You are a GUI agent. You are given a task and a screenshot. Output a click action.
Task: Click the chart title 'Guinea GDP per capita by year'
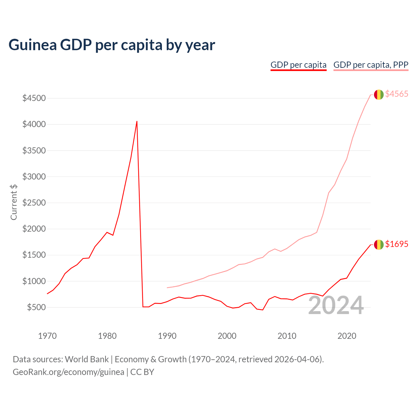[x=111, y=45]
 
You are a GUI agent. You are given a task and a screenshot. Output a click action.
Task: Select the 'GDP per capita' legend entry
[x=298, y=65]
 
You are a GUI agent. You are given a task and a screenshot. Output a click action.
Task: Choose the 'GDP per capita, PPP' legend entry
[x=371, y=65]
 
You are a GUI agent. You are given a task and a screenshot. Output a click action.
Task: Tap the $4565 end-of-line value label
[x=396, y=94]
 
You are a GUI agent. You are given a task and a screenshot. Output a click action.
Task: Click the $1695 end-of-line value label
[x=396, y=244]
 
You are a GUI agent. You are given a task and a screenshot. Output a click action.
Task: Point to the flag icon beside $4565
[x=379, y=94]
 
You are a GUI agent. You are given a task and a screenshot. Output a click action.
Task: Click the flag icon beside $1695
[x=379, y=244]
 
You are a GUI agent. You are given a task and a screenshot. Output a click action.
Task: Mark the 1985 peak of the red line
[x=137, y=121]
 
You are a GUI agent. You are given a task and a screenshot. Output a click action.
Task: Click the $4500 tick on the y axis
[x=34, y=98]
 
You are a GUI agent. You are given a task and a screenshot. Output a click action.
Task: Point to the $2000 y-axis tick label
[x=34, y=229]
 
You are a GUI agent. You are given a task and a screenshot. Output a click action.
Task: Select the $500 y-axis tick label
[x=36, y=307]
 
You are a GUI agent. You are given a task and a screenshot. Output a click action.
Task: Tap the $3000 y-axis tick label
[x=34, y=177]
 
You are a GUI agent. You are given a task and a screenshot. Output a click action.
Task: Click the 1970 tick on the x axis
[x=47, y=336]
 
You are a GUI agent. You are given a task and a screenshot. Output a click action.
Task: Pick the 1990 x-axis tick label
[x=167, y=336]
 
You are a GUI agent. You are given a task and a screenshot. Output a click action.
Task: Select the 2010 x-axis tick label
[x=287, y=336]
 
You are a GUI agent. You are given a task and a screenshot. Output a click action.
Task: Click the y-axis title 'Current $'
[x=14, y=202]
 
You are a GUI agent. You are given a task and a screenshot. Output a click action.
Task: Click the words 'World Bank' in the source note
[x=87, y=359]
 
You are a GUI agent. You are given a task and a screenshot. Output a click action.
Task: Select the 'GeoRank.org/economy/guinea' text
[x=68, y=372]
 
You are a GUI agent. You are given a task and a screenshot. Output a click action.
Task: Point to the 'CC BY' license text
[x=142, y=372]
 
